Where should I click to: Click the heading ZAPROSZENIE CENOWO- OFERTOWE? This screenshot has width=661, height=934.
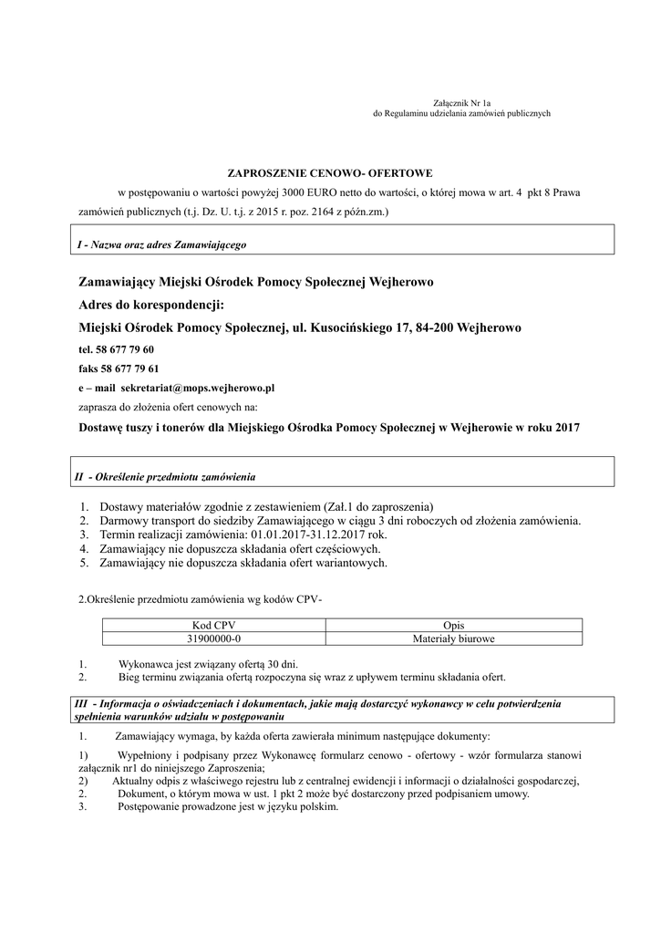pos(329,171)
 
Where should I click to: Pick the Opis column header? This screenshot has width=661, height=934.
pos(453,625)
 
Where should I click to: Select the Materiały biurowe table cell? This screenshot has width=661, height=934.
pos(453,638)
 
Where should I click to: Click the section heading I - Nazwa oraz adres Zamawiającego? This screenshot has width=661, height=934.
pos(161,245)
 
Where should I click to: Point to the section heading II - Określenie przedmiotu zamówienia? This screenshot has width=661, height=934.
pos(165,477)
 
